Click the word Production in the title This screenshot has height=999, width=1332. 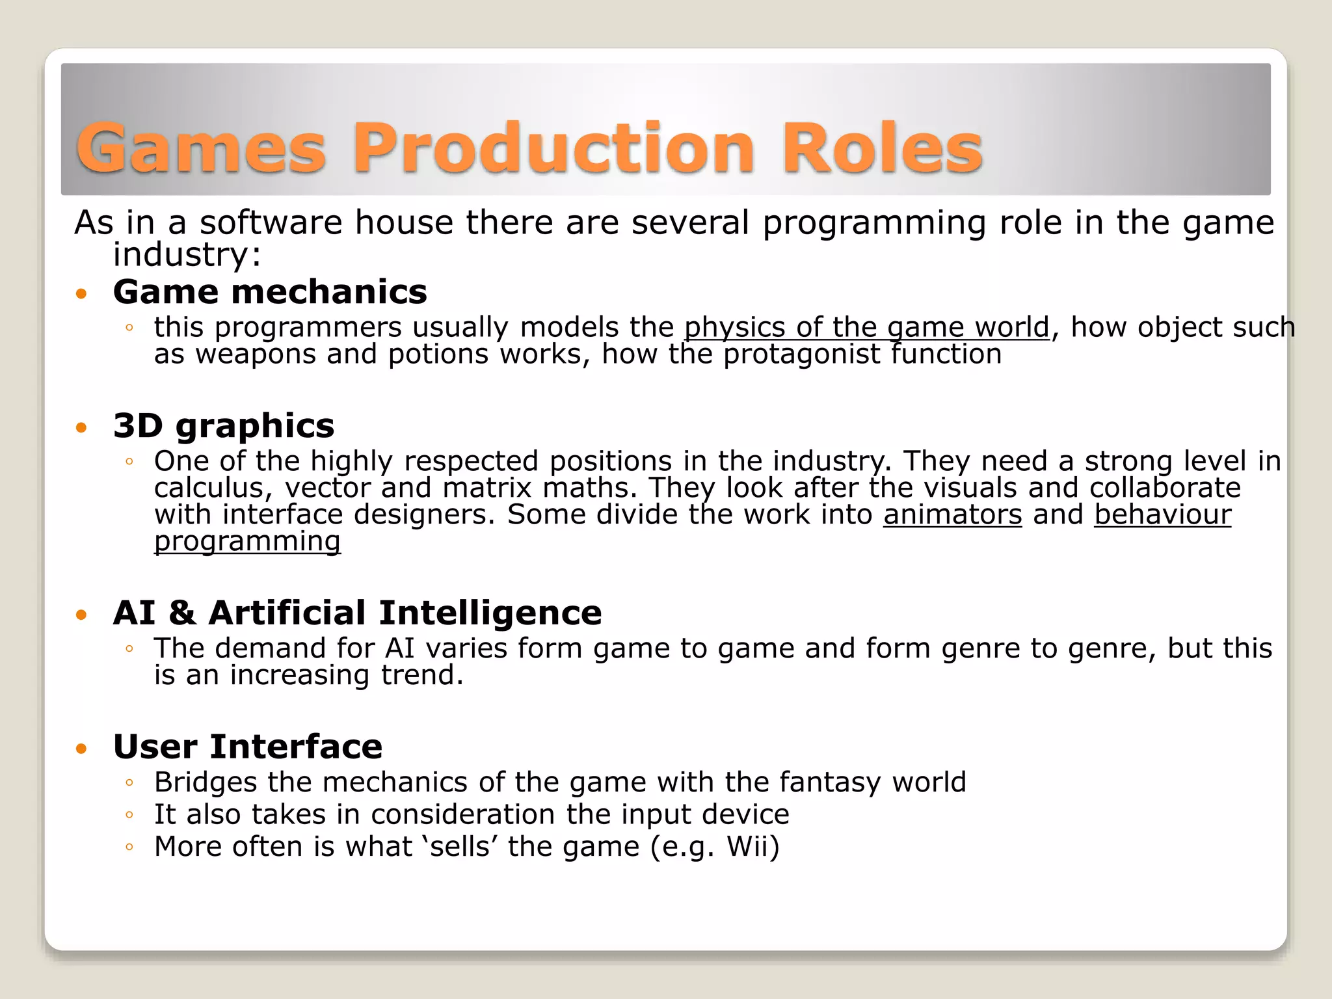click(553, 149)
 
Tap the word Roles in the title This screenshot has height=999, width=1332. click(883, 149)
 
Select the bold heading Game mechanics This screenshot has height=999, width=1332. click(270, 291)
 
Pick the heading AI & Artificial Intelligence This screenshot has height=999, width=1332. click(357, 613)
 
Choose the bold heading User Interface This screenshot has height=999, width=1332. click(248, 746)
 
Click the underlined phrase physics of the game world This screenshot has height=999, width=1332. click(867, 327)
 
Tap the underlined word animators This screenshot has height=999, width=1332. click(952, 514)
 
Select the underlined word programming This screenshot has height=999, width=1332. click(247, 542)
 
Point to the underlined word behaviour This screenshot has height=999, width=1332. click(1162, 514)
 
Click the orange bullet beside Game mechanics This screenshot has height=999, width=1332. click(81, 294)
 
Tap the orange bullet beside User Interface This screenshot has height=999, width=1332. click(81, 749)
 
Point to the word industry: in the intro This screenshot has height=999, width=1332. click(187, 254)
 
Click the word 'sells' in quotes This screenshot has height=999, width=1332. click(460, 846)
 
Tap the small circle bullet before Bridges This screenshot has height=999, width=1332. click(129, 783)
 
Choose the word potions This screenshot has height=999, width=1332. click(438, 355)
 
